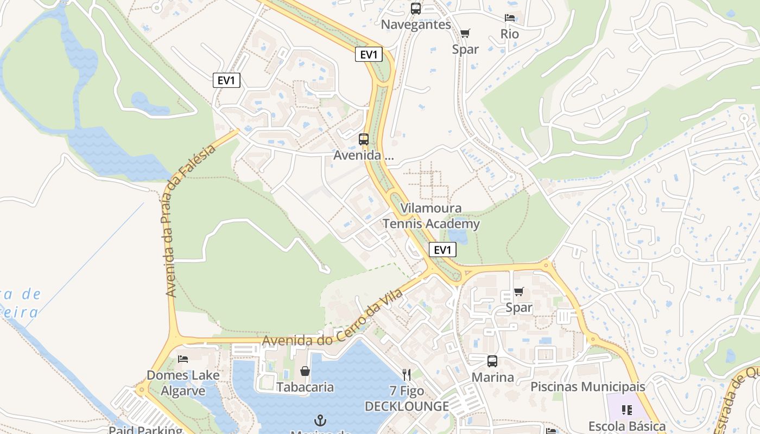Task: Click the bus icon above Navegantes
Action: pos(416,9)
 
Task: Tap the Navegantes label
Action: pos(416,24)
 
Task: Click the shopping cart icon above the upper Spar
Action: pos(465,34)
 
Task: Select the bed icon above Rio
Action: pos(510,18)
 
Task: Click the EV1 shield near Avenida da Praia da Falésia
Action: pos(226,81)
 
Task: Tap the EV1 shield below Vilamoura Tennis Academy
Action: pos(442,250)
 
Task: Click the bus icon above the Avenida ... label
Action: pos(364,139)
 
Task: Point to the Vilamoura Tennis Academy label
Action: pos(431,216)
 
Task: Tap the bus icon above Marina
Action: pos(492,361)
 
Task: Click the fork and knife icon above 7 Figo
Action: pos(407,375)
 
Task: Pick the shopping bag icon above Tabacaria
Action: pos(305,372)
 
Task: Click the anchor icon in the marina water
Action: pos(321,420)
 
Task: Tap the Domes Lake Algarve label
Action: pos(183,383)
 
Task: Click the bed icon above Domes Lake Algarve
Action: pos(183,359)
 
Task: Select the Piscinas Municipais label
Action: pos(588,387)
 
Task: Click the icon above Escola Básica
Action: pos(627,410)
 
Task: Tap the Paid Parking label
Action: pos(145,430)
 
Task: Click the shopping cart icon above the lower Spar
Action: pos(519,292)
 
